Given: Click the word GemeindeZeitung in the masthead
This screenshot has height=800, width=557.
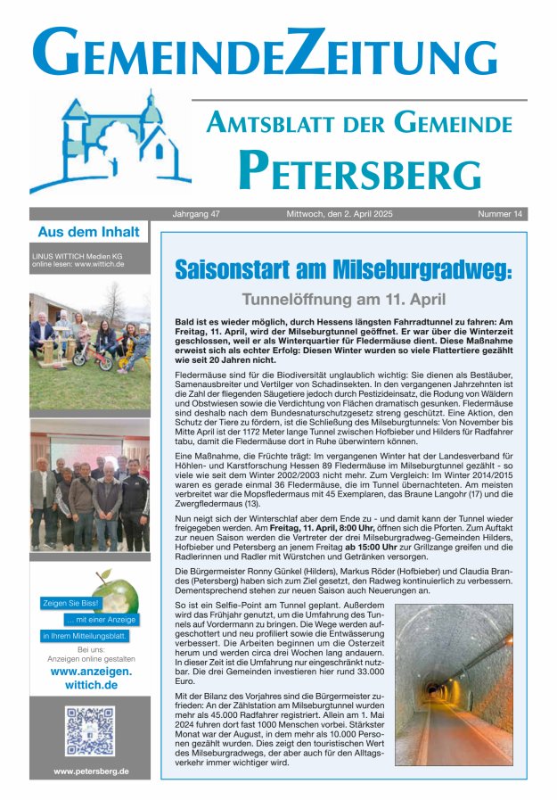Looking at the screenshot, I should (278, 52).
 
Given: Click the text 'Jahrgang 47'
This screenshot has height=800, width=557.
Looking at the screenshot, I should (196, 214).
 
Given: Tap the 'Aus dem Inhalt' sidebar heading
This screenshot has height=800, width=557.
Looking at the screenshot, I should (88, 233).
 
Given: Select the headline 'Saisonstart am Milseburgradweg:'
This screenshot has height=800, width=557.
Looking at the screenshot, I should (343, 268).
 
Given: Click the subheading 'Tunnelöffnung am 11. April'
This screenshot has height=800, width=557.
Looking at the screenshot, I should (343, 300).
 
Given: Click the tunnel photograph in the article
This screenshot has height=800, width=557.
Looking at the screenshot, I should (454, 686).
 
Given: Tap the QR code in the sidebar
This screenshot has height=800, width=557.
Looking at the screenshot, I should (89, 731).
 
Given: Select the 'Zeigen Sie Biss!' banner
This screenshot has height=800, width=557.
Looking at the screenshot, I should (71, 603).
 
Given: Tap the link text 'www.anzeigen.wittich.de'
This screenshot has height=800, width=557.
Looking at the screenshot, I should (90, 678).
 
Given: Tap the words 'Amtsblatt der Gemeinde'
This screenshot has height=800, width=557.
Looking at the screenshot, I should (359, 124).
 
